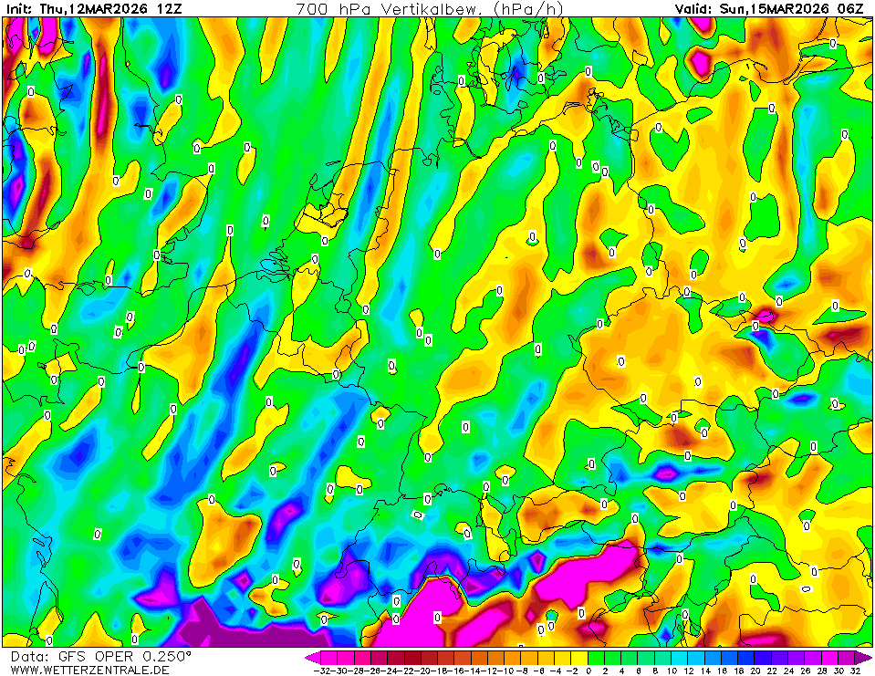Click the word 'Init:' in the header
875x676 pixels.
point(19,8)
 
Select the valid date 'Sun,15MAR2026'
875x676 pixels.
point(774,8)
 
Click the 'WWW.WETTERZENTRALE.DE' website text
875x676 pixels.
point(89,670)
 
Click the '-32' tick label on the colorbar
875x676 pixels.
point(321,671)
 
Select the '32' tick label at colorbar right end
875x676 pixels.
point(854,671)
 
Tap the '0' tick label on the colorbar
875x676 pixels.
point(589,671)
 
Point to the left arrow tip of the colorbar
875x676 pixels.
point(308,657)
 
